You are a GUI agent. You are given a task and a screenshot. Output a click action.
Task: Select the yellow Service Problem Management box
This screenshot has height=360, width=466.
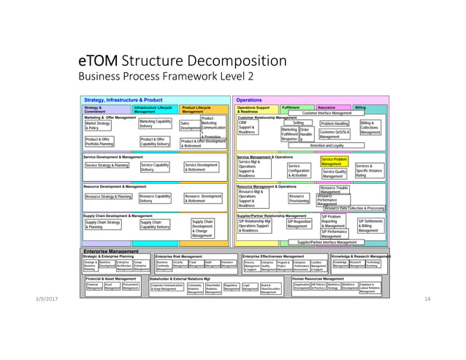pos(335,161)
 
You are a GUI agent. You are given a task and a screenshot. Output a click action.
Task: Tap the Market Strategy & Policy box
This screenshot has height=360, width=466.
pos(97,126)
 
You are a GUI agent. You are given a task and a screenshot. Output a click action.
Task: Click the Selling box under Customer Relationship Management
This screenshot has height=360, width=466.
pos(298,123)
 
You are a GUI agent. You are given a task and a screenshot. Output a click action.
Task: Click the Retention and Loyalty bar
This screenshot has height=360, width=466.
pos(326,145)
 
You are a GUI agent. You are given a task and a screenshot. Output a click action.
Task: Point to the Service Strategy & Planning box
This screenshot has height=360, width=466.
pos(107,166)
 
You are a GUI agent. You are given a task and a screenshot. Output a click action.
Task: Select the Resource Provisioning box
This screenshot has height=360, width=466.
pos(299,199)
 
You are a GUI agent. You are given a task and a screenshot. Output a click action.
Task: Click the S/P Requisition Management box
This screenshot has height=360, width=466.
pos(299,223)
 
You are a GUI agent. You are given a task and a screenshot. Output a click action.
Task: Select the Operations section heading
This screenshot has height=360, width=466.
pos(249,100)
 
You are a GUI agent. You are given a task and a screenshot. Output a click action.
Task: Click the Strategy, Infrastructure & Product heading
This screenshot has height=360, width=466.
pos(123,100)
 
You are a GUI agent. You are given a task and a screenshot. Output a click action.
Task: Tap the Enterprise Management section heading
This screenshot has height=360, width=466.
pos(111,250)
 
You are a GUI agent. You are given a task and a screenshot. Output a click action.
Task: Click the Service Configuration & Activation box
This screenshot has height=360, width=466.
pos(299,169)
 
